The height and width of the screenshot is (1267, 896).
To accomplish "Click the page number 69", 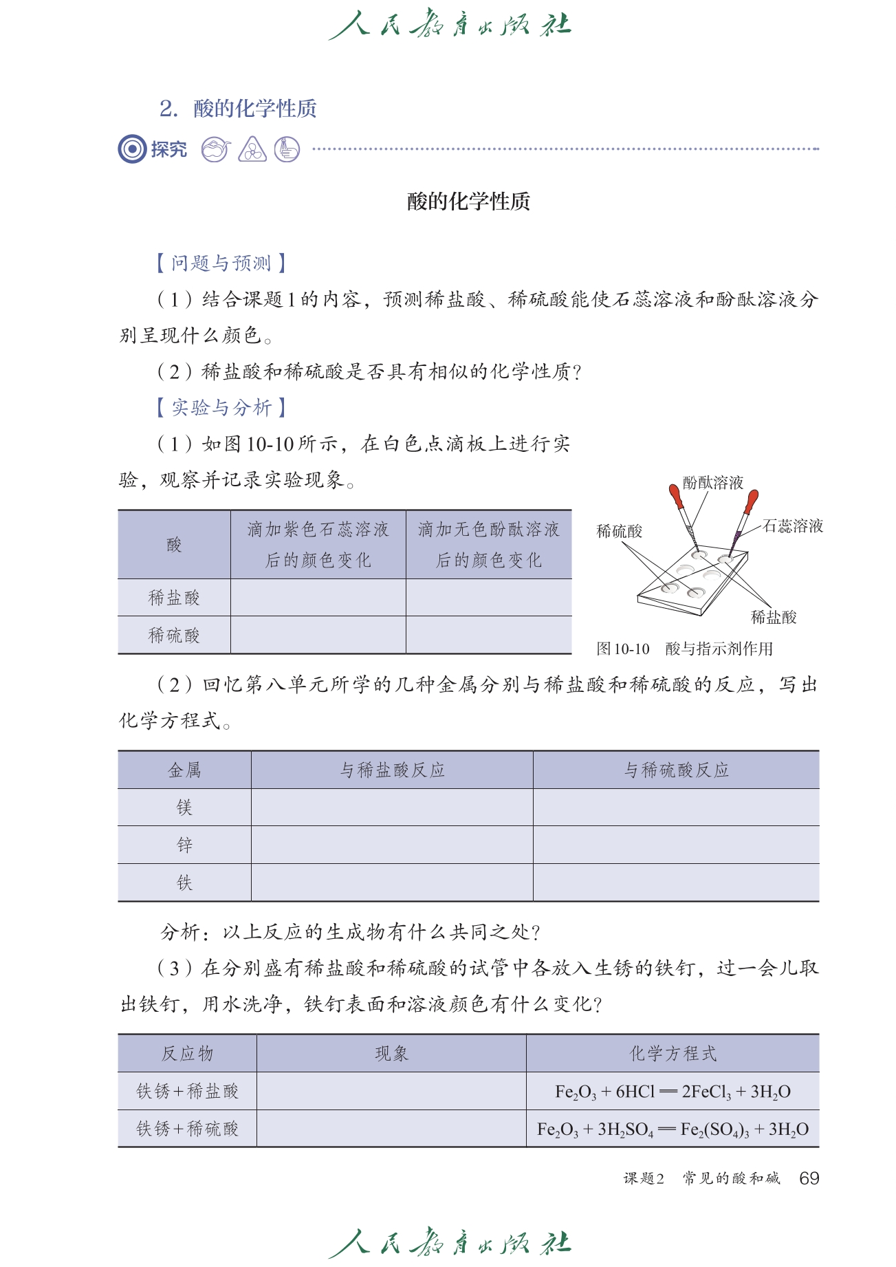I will (x=809, y=1178).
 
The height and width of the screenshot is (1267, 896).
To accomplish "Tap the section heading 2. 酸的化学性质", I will (x=238, y=109).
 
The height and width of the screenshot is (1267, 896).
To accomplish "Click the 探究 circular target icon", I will (x=132, y=149).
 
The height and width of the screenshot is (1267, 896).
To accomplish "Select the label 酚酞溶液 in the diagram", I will (x=712, y=483).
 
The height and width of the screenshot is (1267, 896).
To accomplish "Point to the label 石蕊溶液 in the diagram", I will (x=793, y=526).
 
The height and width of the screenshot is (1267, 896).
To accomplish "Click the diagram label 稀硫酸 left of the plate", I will (x=619, y=531).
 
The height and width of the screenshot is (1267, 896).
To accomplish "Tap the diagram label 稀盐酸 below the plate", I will (x=773, y=617).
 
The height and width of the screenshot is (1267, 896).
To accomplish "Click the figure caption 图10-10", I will (x=623, y=649).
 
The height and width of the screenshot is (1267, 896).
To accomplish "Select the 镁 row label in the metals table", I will (x=184, y=808).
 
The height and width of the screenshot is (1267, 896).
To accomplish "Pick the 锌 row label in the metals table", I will (x=184, y=845).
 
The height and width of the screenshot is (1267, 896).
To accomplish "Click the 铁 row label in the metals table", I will (x=184, y=882).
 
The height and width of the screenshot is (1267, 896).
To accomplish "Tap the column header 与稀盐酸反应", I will (x=392, y=770).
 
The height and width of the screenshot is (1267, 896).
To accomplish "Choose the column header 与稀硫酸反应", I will (x=676, y=770).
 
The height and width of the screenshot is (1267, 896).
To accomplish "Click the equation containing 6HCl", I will (x=673, y=1092).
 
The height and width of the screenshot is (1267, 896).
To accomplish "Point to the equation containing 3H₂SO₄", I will (x=673, y=1129).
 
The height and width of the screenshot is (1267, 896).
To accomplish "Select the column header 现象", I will (x=391, y=1054).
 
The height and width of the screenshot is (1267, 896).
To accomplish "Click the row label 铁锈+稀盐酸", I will (x=187, y=1092).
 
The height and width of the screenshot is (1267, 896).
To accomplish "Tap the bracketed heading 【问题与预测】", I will (x=221, y=263).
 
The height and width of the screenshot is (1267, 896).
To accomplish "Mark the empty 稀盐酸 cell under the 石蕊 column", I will (x=318, y=598).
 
